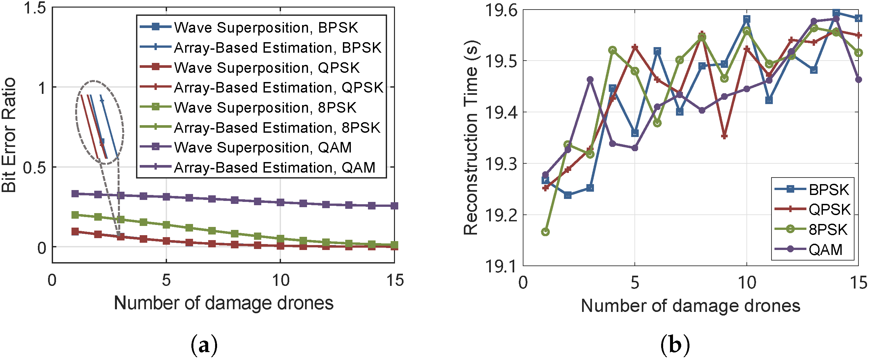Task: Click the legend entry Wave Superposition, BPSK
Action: click(266, 28)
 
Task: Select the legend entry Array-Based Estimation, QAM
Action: click(274, 168)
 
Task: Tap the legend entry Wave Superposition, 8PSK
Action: click(265, 108)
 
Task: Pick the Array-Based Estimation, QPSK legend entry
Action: click(278, 88)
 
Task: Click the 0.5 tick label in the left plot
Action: click(34, 168)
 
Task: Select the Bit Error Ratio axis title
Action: click(9, 135)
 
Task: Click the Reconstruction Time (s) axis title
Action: click(471, 138)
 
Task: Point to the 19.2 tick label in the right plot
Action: click(501, 215)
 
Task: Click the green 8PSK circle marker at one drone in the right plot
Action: click(546, 232)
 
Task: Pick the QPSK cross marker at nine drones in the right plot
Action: click(724, 136)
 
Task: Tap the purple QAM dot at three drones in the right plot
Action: click(590, 80)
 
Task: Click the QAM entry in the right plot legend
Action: click(825, 250)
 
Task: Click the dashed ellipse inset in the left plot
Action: click(99, 123)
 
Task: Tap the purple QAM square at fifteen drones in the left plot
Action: click(394, 206)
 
